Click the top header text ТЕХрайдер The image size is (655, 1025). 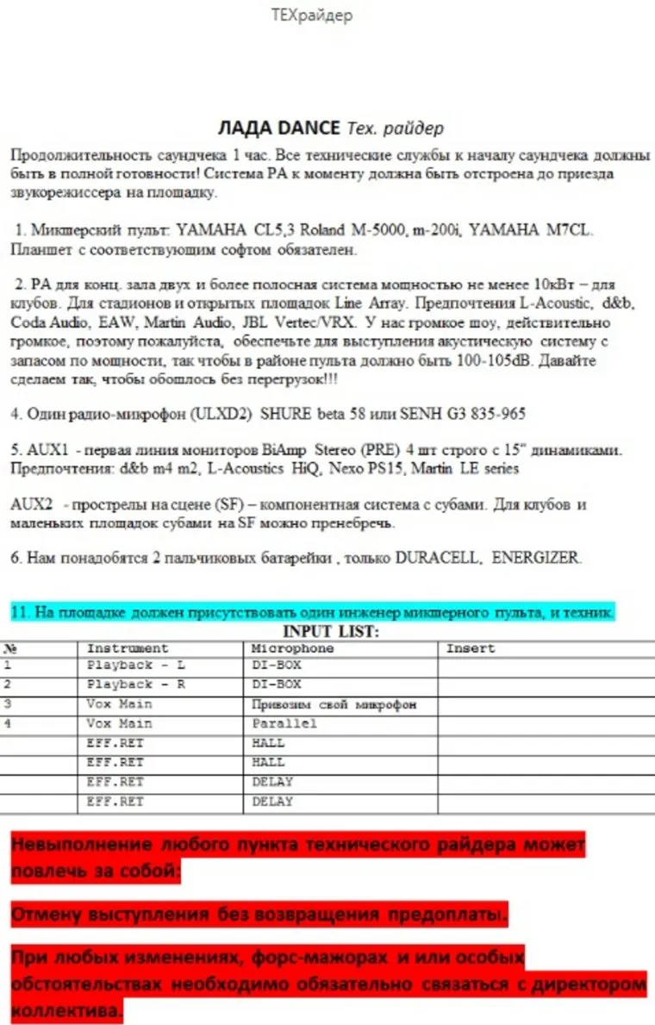click(x=311, y=16)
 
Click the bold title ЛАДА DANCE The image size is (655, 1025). click(x=280, y=128)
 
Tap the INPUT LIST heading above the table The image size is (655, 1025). click(x=331, y=632)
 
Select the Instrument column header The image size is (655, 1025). click(x=128, y=647)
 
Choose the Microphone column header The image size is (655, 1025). click(x=292, y=647)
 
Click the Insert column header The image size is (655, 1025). click(x=471, y=647)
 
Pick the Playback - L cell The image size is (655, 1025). click(x=136, y=666)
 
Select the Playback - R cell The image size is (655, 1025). click(x=136, y=684)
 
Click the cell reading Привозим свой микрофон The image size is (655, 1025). click(x=334, y=704)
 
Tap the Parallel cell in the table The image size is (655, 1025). click(x=284, y=723)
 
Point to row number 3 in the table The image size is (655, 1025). click(x=8, y=704)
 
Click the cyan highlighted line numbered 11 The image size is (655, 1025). click(x=312, y=612)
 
